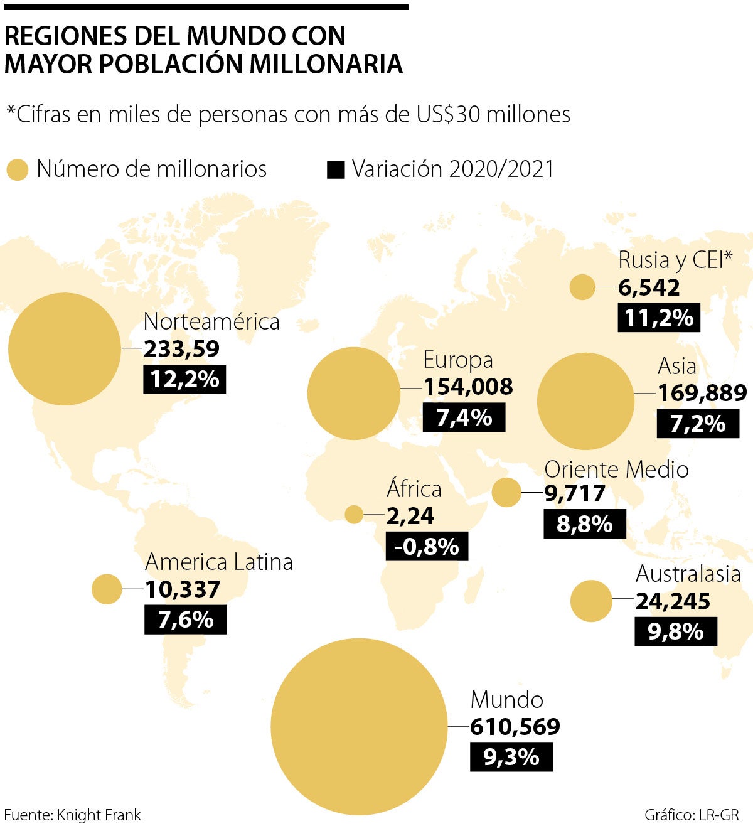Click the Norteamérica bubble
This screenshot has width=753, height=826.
click(64, 348)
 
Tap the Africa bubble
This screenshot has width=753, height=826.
click(354, 515)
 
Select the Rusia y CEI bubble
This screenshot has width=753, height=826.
click(582, 287)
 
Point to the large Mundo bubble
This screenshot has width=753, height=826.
click(359, 727)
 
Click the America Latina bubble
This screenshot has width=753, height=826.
click(107, 589)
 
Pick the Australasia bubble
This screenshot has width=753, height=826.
click(590, 601)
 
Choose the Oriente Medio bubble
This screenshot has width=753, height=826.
click(506, 492)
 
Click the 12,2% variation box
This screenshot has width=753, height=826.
click(184, 380)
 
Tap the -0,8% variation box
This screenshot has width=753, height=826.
click(427, 547)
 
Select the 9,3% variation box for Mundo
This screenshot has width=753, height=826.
click(511, 757)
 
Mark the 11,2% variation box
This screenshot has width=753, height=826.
click(659, 318)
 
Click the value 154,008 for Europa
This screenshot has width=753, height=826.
click(468, 387)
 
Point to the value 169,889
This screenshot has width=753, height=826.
click(702, 394)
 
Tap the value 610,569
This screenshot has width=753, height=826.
click(515, 727)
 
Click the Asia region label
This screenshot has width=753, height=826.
click(677, 366)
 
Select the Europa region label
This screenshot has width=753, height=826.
click(458, 360)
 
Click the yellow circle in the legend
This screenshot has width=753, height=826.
click(18, 169)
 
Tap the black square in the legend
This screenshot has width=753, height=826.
click(336, 169)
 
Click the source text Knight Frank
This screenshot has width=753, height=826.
click(99, 815)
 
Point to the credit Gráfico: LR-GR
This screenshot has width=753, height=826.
click(692, 815)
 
